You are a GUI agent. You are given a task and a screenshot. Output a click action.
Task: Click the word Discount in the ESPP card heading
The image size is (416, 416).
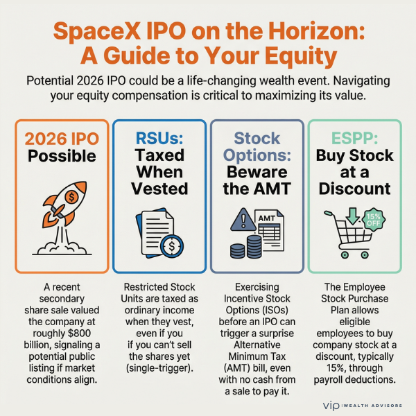point(354,189)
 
